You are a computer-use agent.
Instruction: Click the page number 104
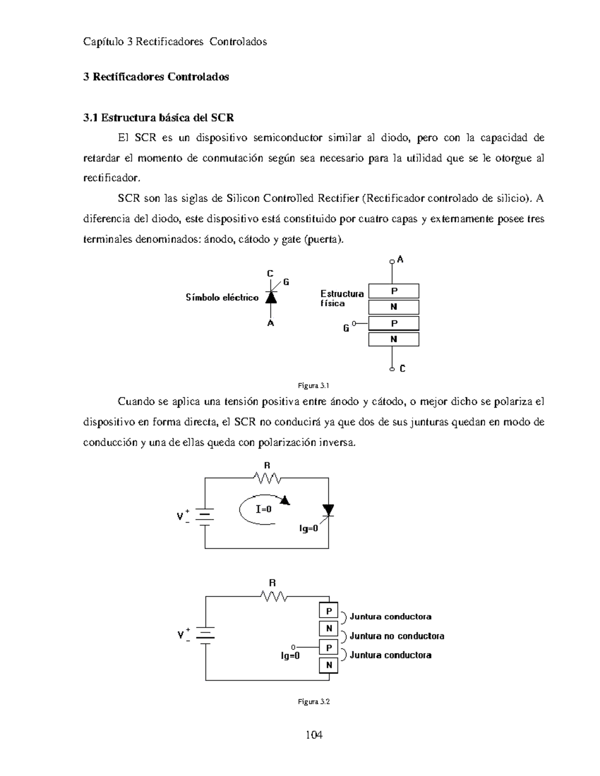pyautogui.click(x=313, y=735)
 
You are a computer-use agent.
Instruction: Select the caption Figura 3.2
pyautogui.click(x=313, y=702)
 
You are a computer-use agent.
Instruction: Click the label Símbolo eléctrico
pyautogui.click(x=222, y=298)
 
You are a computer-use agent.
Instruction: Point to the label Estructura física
pyautogui.click(x=342, y=298)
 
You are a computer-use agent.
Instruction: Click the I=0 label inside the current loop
pyautogui.click(x=263, y=509)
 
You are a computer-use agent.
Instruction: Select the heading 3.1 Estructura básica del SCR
pyautogui.click(x=158, y=118)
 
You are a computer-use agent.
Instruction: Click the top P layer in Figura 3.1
pyautogui.click(x=394, y=291)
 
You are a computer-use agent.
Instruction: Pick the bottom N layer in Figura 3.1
pyautogui.click(x=394, y=339)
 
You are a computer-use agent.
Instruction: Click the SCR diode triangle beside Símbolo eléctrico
pyautogui.click(x=270, y=297)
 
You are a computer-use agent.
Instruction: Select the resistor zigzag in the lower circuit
pyautogui.click(x=273, y=596)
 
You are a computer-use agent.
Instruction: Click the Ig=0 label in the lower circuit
pyautogui.click(x=290, y=656)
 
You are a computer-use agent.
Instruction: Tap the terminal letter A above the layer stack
pyautogui.click(x=400, y=259)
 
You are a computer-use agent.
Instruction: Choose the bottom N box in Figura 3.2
pyautogui.click(x=329, y=665)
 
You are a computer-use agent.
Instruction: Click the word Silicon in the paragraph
pyautogui.click(x=243, y=198)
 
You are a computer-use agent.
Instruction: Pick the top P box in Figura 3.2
pyautogui.click(x=329, y=611)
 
